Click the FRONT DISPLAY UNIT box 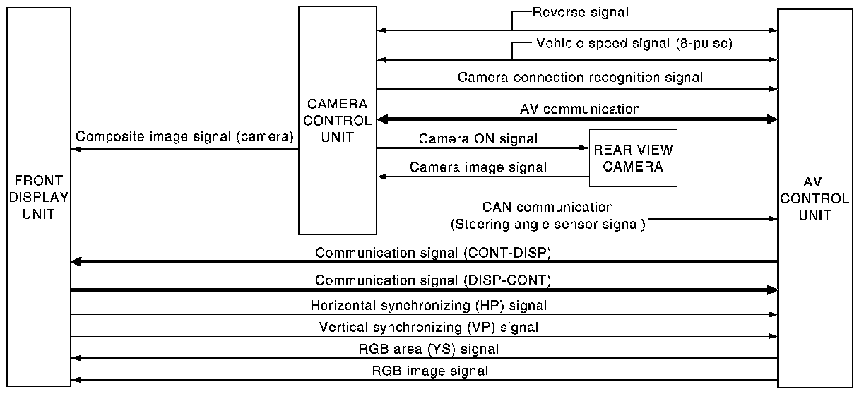click(39, 196)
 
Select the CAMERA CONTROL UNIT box click(337, 120)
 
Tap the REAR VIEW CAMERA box click(633, 158)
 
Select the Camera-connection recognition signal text click(580, 77)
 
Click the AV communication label click(580, 109)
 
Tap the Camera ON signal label click(478, 138)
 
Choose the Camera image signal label click(478, 167)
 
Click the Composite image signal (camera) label click(184, 137)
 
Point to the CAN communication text click(547, 207)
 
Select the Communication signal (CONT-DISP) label click(433, 252)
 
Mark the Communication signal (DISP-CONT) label click(433, 280)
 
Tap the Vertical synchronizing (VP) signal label click(429, 327)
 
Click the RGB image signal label click(430, 370)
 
